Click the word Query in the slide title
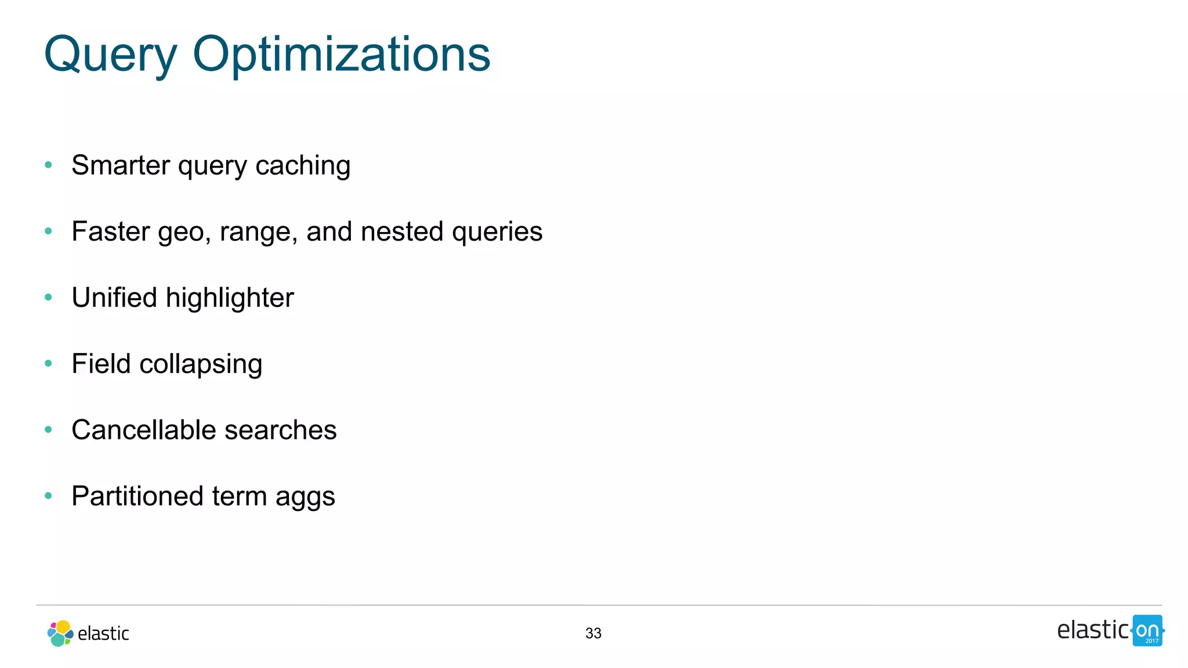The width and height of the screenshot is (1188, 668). point(110,55)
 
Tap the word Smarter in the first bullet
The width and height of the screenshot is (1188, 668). point(121,165)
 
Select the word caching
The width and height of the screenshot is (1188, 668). point(303,166)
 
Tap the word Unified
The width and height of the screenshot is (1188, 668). point(114,297)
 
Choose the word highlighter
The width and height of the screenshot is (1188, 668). point(230,299)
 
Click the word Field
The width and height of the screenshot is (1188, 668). point(101,364)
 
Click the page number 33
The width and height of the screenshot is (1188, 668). point(593,633)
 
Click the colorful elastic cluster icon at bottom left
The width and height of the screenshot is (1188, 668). point(60,633)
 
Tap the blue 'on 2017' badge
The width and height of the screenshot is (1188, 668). point(1147,630)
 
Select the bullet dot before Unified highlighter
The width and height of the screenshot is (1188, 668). point(49,297)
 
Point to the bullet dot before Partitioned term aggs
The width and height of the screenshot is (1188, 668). point(49,496)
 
